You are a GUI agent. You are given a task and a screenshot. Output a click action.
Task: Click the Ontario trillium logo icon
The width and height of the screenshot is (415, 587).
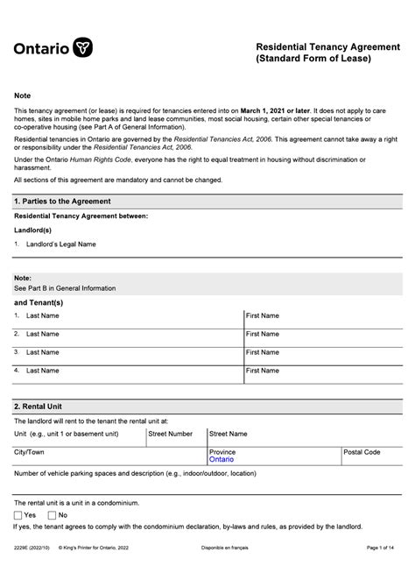(x=83, y=47)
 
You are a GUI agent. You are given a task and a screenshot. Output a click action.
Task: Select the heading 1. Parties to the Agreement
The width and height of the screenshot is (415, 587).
(x=62, y=201)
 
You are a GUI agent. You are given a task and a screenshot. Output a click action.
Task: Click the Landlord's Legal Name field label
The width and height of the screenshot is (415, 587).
(x=60, y=244)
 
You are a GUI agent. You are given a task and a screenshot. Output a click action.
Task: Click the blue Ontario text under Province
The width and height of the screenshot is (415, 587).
(x=222, y=459)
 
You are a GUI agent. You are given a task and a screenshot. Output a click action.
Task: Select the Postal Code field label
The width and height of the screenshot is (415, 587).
(x=362, y=452)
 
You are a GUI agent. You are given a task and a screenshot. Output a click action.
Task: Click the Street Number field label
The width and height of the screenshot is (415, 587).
(x=171, y=433)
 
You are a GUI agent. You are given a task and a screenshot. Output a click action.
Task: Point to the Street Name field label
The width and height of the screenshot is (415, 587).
(x=228, y=433)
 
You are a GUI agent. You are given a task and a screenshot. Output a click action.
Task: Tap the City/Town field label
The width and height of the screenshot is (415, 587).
(x=29, y=452)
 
